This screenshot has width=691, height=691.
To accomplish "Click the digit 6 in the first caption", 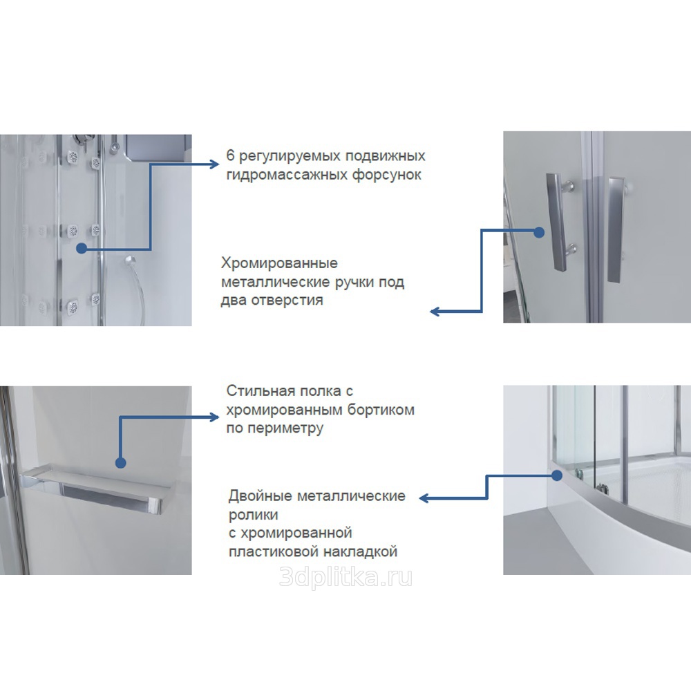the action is point(231,155).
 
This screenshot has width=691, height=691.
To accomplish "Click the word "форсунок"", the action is point(386,175).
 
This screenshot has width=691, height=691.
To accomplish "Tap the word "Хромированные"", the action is point(279,263).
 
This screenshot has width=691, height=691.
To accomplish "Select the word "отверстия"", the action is point(287,301).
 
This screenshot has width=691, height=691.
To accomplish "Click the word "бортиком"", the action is point(381,409).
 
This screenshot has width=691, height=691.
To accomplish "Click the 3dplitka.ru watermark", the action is point(346,578).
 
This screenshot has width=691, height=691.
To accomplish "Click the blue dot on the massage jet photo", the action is point(81,249).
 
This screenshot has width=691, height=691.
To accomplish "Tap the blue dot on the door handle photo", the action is point(539,232).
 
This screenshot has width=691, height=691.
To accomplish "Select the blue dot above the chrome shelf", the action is point(120,463).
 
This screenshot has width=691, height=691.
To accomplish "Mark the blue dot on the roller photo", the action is point(557,475).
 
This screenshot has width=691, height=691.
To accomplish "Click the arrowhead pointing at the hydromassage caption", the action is point(215,164).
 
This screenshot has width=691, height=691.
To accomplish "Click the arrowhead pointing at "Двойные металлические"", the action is point(424,498).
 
